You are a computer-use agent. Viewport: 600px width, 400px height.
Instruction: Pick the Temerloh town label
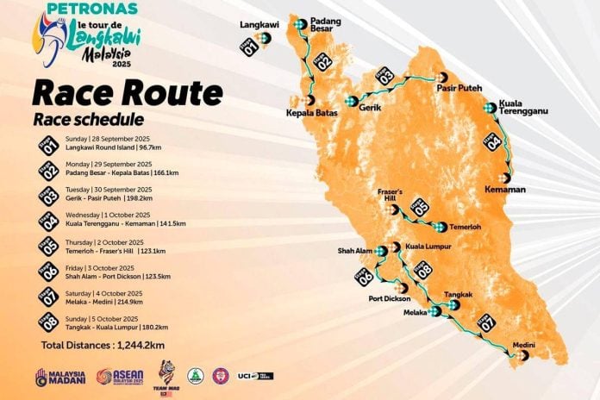click(x=469, y=227)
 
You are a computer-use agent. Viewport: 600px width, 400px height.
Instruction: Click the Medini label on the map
click(x=524, y=345)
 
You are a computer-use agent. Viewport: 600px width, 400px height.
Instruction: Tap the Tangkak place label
click(x=458, y=295)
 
